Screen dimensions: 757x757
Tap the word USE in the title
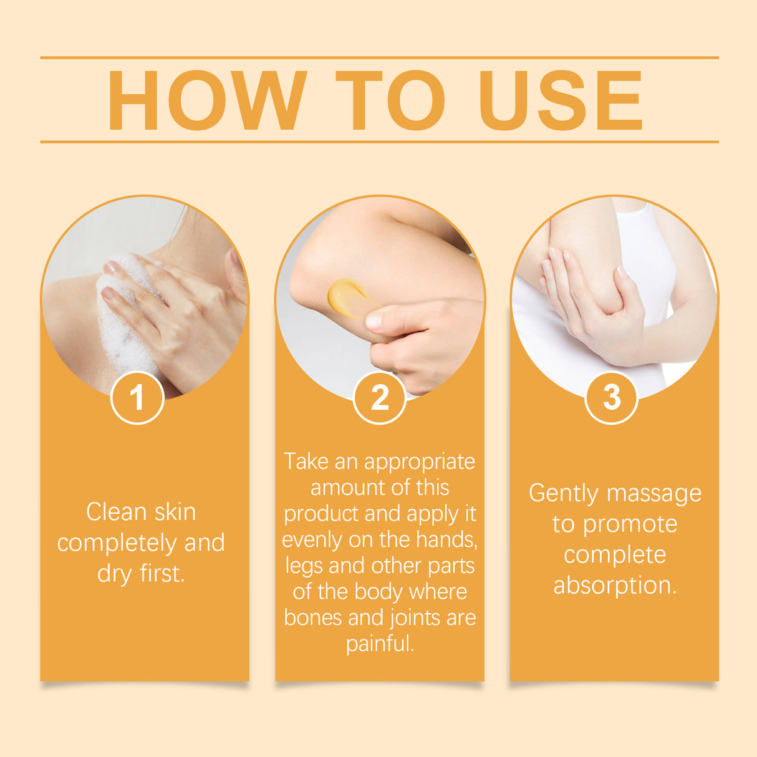(x=560, y=100)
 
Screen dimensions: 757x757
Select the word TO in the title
(x=390, y=100)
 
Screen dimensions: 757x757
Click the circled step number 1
(x=137, y=397)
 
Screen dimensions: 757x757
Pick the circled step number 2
(x=379, y=397)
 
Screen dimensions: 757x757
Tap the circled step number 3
(x=612, y=397)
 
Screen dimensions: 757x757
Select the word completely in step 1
(x=117, y=543)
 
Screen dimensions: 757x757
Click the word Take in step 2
(x=306, y=461)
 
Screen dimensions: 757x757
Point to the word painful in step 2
(x=380, y=644)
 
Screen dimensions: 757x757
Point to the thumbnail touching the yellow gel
(x=374, y=321)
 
